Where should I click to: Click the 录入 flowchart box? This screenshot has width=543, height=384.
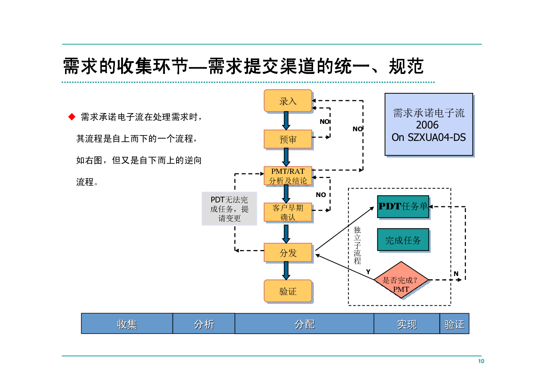coord(288,101)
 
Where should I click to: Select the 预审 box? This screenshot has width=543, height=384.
coord(288,139)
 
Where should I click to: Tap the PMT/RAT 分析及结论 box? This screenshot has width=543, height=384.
coord(288,176)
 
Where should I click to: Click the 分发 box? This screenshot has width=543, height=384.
coord(288,253)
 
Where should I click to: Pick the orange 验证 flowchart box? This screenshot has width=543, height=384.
coord(288,291)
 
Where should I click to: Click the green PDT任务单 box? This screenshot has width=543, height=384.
coord(403,207)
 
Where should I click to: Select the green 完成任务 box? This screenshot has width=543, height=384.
coord(403,240)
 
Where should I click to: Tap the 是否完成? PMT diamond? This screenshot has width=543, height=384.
coord(401,280)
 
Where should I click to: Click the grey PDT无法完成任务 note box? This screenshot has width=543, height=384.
coord(230,209)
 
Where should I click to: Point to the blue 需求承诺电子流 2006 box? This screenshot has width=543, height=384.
coord(429,124)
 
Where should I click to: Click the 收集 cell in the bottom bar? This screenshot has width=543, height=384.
coord(127,324)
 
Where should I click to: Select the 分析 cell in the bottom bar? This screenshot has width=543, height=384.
coord(204,324)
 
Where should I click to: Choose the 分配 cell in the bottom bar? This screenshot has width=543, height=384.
coord(305,324)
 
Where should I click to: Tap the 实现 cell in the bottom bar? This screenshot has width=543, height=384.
coord(407,324)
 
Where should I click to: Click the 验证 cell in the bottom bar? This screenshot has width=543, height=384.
coord(454,324)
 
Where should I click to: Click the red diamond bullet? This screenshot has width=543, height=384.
coord(72,117)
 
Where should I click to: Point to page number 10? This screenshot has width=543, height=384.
coord(481,361)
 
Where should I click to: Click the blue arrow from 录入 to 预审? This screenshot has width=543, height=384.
coord(286,121)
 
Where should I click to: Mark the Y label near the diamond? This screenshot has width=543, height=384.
coord(368,272)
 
